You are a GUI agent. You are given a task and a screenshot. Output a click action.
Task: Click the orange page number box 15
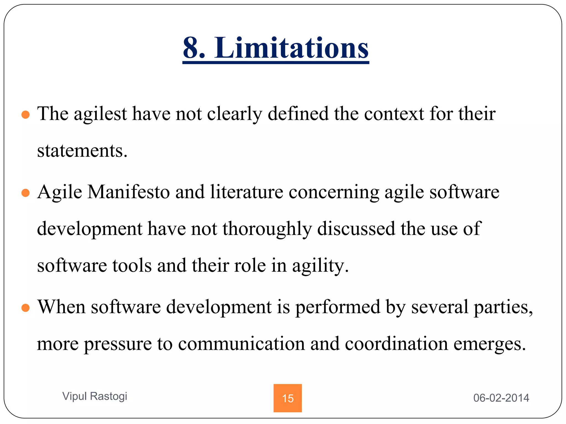click(287, 398)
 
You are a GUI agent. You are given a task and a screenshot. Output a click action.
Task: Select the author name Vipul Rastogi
click(95, 396)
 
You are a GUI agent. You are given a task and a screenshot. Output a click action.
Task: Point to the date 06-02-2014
click(501, 398)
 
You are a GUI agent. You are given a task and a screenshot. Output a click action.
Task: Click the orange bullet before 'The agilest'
click(25, 115)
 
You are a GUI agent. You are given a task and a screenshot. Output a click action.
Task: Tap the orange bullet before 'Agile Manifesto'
click(25, 193)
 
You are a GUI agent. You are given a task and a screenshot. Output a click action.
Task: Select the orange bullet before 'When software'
click(25, 308)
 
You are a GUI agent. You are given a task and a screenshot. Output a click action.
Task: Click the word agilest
click(100, 114)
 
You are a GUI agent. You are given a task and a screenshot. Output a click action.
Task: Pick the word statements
click(82, 151)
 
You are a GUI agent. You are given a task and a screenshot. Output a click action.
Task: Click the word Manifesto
click(129, 192)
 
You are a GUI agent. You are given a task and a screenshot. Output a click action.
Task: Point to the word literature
click(247, 192)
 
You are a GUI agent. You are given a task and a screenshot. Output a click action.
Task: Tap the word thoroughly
click(267, 229)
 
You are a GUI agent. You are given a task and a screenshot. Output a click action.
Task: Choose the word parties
click(503, 307)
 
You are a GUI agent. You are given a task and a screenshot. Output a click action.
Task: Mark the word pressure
click(118, 344)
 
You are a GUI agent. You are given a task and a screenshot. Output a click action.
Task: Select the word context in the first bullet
click(394, 114)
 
